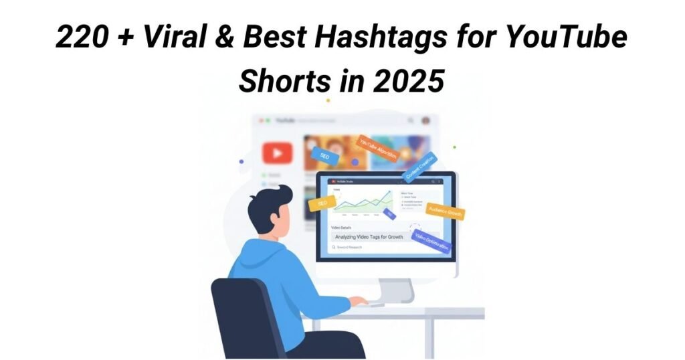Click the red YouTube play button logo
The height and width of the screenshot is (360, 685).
pyautogui.click(x=277, y=153)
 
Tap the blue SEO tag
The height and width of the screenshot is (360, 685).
pyautogui.click(x=324, y=156)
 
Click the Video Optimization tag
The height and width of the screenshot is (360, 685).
pyautogui.click(x=432, y=242)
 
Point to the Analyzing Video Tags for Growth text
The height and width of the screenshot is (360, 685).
pyautogui.click(x=378, y=236)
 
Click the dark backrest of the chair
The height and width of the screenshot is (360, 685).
pyautogui.click(x=239, y=314)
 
